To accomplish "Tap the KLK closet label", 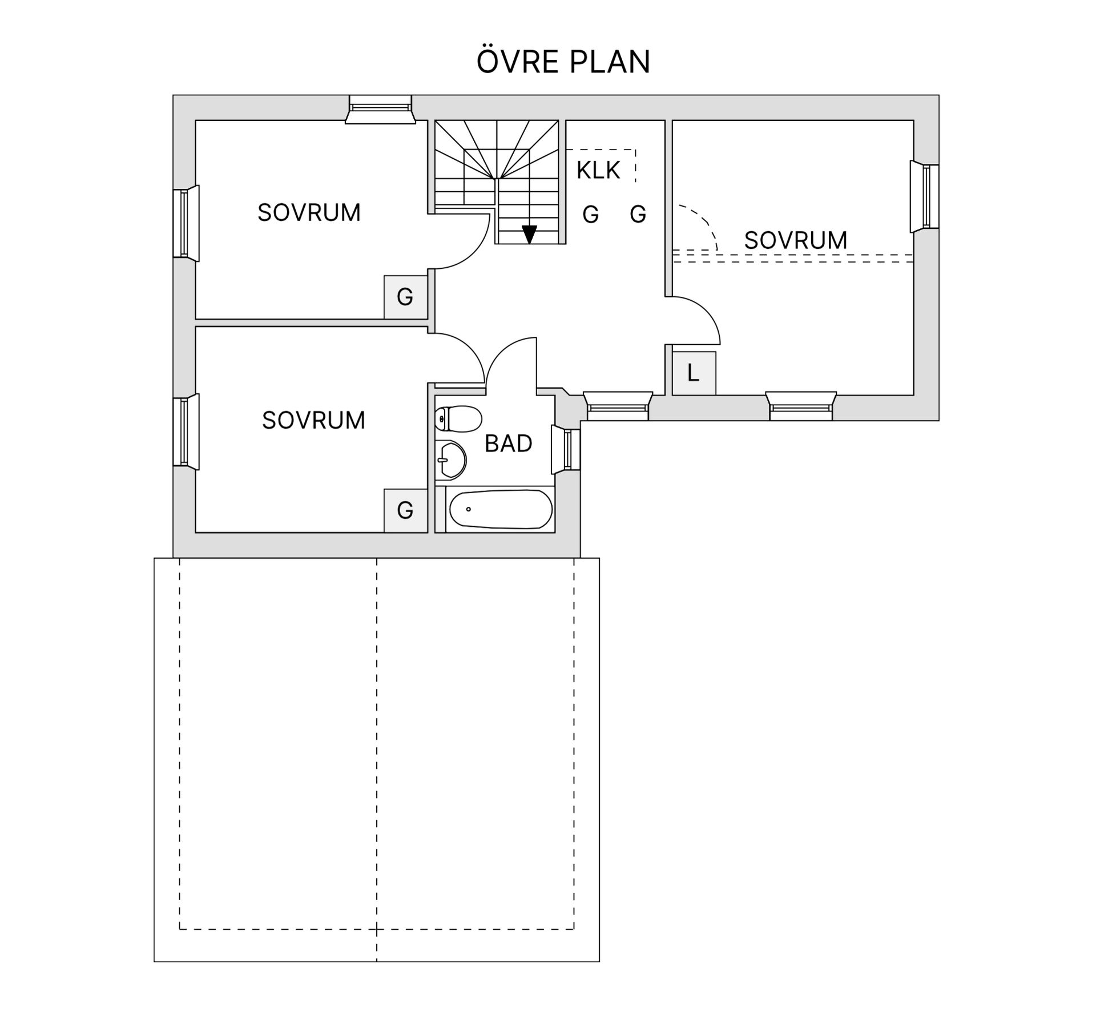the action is point(598,170).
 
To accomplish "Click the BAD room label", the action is point(508,444).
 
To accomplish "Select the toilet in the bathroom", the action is point(458,419).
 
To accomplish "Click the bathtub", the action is point(501,509).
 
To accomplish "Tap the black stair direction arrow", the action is point(530,234).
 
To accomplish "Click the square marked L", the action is point(694,373).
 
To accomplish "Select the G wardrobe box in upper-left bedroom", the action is point(405,297).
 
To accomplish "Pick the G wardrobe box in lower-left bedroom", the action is point(405,510).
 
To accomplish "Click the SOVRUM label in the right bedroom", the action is point(795,240).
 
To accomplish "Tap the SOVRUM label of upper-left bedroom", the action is point(309,213).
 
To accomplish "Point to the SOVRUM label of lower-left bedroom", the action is point(313,421).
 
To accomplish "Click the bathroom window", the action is point(566,450).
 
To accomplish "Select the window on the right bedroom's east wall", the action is point(924,196).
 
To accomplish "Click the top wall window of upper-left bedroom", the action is point(380,109).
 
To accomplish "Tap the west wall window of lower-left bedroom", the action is point(186,432).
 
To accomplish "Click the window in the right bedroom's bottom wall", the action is point(801,406).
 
